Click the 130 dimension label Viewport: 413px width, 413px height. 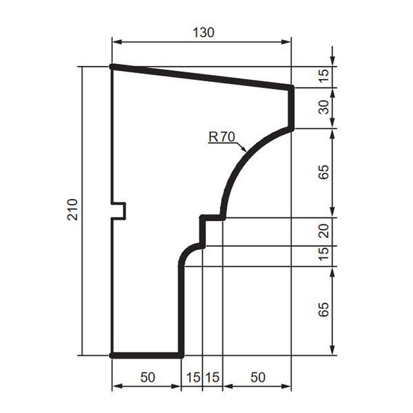pos(203,32)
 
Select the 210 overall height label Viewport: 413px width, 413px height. pos(73,209)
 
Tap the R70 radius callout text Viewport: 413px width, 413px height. pos(222,137)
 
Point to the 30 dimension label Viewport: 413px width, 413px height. pos(324,107)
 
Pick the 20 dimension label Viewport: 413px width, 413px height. pos(324,231)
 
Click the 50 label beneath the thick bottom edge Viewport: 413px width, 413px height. pos(147,377)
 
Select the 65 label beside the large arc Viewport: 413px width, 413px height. pos(324,172)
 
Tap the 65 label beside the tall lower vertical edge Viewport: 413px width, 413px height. pos(324,309)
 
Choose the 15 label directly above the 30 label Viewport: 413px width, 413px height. pos(324,76)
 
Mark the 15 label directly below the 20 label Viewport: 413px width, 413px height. pos(324,254)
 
